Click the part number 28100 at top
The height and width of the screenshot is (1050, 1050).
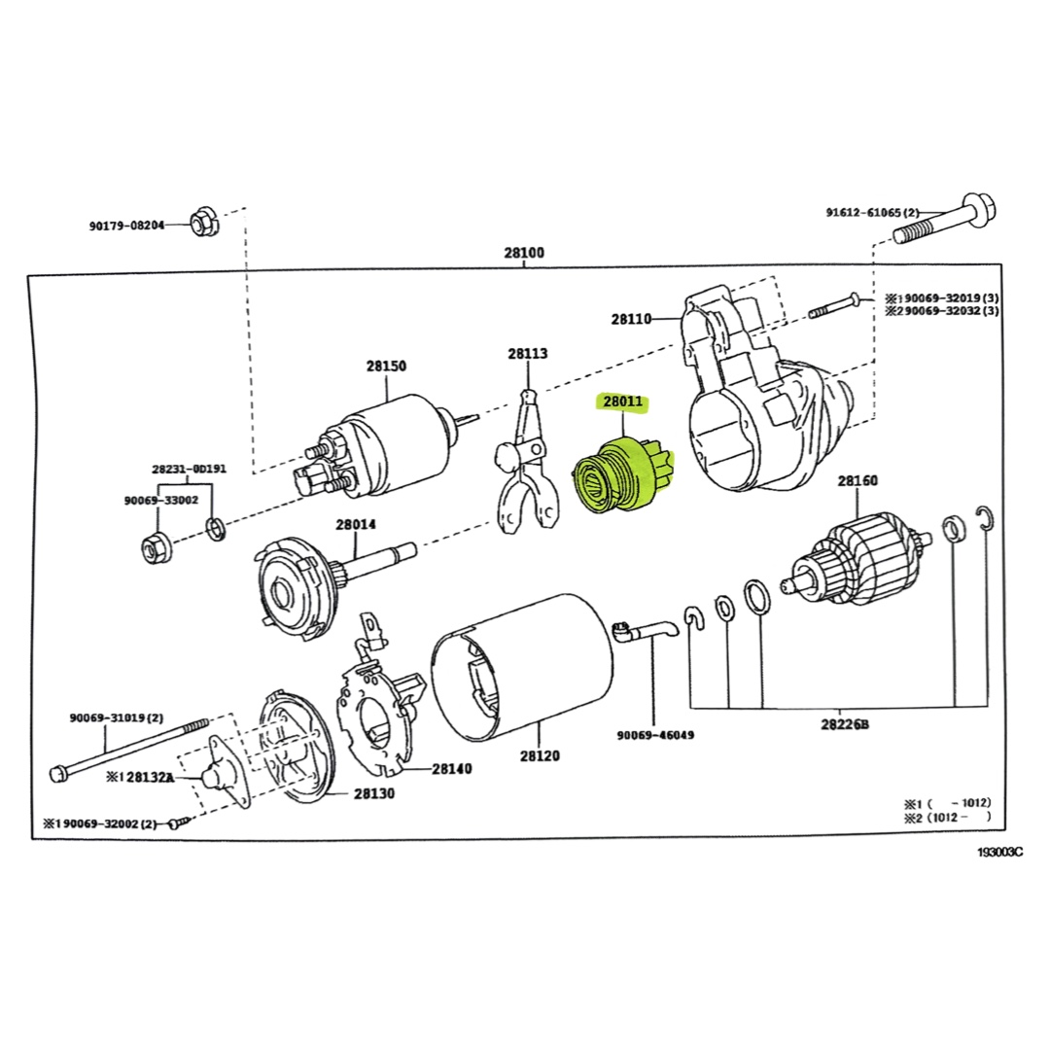click(x=524, y=253)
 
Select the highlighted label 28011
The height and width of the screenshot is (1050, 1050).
click(x=623, y=402)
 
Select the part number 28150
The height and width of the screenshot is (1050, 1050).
click(x=386, y=367)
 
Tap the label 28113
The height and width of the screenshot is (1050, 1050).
click(x=528, y=354)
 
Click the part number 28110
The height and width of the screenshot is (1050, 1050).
click(x=632, y=318)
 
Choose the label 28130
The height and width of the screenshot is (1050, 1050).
click(x=373, y=792)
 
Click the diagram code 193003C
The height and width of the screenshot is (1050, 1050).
click(x=1000, y=852)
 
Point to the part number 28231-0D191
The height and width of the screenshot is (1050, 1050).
click(x=189, y=469)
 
